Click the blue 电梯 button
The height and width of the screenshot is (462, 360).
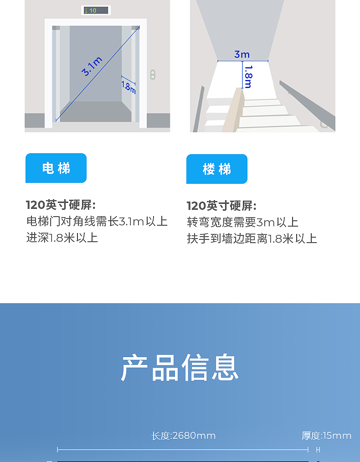tap(56, 168)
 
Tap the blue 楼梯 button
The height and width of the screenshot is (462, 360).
tap(217, 169)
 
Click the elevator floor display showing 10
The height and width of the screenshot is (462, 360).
tap(95, 10)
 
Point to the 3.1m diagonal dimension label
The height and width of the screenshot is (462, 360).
tap(92, 67)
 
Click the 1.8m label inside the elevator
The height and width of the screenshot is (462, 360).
tap(129, 87)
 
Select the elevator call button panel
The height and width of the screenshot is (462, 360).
tap(153, 74)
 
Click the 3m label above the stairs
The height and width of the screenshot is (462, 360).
tap(242, 54)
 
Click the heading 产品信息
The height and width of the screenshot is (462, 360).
tap(180, 368)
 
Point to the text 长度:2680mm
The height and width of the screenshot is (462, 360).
tap(184, 436)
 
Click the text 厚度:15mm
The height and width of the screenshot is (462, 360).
tap(326, 436)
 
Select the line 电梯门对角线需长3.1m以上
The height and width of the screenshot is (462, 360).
tap(97, 222)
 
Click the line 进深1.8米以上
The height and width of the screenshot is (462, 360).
tap(62, 238)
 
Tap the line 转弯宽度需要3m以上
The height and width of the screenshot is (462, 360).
tap(242, 223)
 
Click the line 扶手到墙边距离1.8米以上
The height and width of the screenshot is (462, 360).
tap(252, 239)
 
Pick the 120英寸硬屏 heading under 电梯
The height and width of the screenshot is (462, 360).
tap(61, 205)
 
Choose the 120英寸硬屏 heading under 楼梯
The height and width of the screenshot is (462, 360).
tap(221, 206)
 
